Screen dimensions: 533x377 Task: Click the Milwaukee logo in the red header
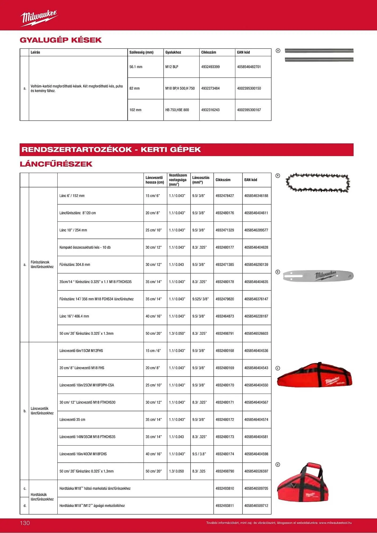(39, 18)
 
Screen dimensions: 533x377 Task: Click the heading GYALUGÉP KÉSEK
(61, 40)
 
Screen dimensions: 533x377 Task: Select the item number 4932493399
(210, 67)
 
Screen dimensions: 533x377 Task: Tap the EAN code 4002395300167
(249, 110)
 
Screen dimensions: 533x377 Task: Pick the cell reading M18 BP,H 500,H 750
(180, 88)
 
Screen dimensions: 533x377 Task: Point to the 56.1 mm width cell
(136, 67)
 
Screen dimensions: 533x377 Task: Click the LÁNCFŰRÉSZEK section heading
(56, 164)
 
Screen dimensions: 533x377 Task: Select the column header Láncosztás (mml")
(201, 180)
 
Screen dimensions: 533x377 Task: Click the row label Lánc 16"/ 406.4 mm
(74, 316)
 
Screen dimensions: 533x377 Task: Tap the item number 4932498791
(225, 333)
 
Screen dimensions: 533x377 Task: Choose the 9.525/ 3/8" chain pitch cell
(200, 299)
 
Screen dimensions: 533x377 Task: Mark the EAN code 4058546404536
(256, 351)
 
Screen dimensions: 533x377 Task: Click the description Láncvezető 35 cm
(72, 419)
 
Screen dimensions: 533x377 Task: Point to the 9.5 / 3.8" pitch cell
(199, 454)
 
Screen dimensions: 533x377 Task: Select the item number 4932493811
(225, 506)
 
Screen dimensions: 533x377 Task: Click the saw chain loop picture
(318, 183)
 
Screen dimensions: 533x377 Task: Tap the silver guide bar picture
(318, 276)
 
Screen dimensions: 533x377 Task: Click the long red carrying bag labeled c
(315, 375)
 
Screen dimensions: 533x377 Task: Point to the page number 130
(25, 523)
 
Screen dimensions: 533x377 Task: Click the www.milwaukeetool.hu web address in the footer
(335, 523)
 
